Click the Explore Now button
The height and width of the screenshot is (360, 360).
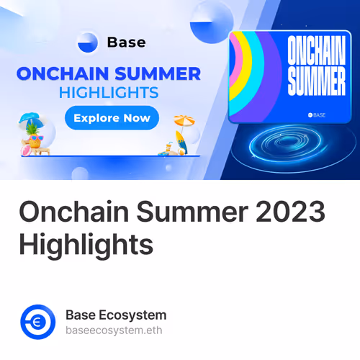[112, 117]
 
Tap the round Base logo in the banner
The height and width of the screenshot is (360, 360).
[88, 42]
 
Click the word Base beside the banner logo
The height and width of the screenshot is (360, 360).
[126, 42]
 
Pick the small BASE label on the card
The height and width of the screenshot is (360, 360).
[317, 114]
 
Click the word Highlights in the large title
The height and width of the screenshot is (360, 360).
[86, 245]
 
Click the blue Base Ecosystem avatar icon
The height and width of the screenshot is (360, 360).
[37, 322]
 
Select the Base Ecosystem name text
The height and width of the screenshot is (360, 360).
[115, 315]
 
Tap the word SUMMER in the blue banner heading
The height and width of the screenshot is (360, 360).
[161, 74]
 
